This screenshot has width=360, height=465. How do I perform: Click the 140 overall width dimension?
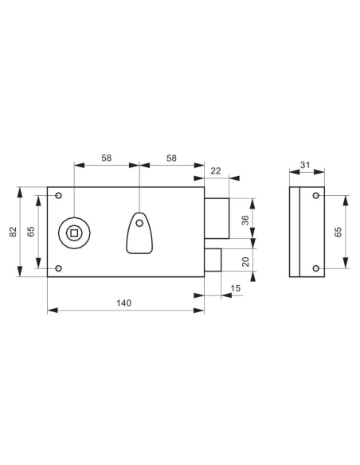tap(123, 303)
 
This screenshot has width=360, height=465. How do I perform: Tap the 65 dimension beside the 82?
tap(31, 232)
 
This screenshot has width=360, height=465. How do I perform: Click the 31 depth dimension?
tap(305, 165)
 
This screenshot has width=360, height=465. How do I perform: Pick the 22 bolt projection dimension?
tap(216, 170)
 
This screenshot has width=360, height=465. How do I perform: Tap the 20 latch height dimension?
tap(245, 261)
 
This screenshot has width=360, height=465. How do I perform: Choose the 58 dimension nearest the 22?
tap(172, 158)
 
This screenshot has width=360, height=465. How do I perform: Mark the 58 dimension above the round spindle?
tap(106, 158)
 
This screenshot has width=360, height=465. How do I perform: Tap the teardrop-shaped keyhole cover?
tap(139, 232)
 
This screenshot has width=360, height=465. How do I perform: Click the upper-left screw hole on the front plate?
tap(57, 196)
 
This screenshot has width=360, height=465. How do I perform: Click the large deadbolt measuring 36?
tap(217, 217)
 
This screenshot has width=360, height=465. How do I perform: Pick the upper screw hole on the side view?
tap(316, 196)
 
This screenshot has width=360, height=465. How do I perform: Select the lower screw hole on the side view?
tap(316, 268)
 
